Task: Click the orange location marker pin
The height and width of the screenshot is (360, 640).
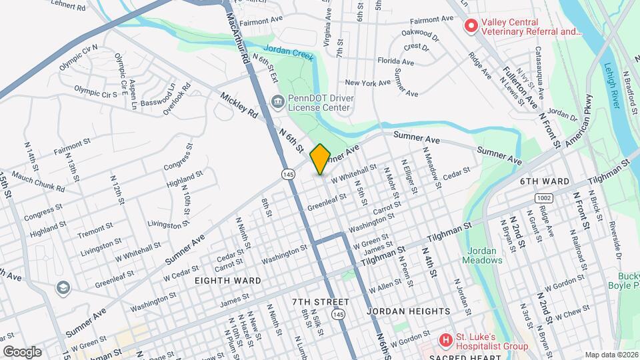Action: (x=320, y=159)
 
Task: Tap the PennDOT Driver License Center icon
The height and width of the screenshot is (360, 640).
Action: (x=276, y=101)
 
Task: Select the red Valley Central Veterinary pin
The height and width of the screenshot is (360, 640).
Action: (x=471, y=26)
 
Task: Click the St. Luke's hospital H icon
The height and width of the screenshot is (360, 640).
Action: (x=445, y=341)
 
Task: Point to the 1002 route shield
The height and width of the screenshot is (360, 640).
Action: (x=544, y=198)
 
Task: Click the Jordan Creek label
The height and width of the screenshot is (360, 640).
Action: (x=288, y=53)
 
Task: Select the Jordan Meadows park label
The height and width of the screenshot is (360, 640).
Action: (x=483, y=255)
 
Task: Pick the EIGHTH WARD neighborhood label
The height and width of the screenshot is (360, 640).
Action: (x=228, y=281)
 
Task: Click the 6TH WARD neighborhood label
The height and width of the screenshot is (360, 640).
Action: (x=545, y=181)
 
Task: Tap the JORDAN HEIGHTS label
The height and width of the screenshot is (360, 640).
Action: (x=409, y=311)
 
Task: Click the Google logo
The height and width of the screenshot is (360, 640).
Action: (x=22, y=351)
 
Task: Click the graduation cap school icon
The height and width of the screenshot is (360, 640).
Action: (x=63, y=287)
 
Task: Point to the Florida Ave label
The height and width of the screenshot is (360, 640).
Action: (x=396, y=62)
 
